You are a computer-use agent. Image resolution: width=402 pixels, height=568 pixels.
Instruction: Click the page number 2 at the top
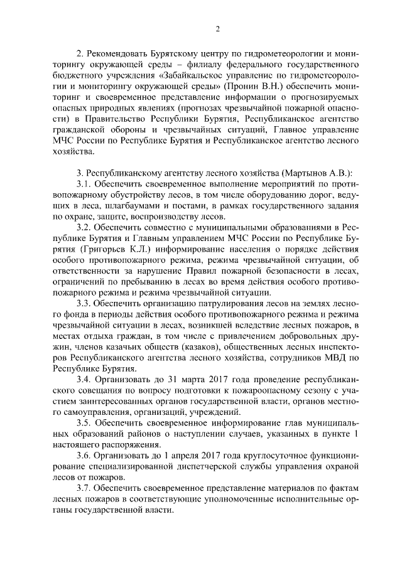[217, 29]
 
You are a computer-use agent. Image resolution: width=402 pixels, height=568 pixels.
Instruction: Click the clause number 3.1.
[85, 185]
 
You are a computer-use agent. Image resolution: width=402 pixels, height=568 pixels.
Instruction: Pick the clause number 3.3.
[85, 303]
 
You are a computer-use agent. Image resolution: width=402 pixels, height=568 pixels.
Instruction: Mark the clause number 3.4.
[85, 381]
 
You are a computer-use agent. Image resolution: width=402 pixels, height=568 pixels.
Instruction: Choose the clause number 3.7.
[85, 489]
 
